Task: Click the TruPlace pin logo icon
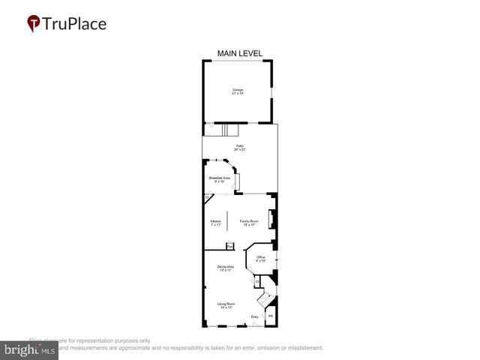pos(33,24)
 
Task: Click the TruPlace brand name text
pos(74,23)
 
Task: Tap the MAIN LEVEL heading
pos(240,53)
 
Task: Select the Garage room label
pos(237,91)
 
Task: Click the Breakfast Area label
pos(220,179)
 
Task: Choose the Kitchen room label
pos(216,223)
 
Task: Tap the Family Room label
pos(249,223)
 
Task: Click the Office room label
pos(261,259)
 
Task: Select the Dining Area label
pos(226,268)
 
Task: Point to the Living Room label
pos(226,305)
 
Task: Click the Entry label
pos(255,317)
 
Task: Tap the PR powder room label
pos(271,317)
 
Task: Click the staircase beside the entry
pos(265,301)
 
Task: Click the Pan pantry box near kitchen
pos(230,245)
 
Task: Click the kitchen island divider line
pos(229,222)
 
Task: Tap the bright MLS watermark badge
pos(29,349)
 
